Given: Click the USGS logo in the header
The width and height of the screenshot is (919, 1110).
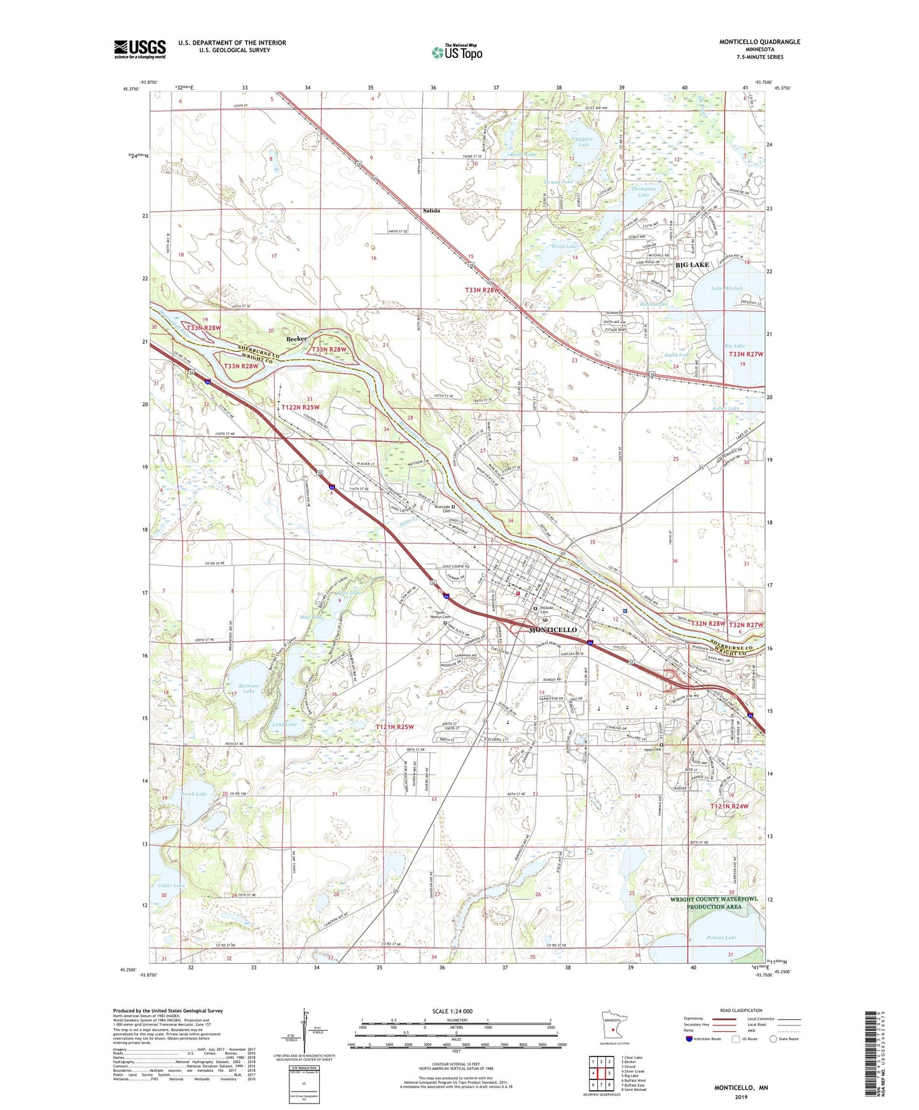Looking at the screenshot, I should (140, 49).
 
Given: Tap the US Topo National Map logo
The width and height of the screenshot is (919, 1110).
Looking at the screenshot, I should (456, 52).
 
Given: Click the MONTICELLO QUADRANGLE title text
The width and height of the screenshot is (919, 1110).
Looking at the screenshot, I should (759, 42).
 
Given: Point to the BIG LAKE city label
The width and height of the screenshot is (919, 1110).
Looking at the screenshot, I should (692, 264).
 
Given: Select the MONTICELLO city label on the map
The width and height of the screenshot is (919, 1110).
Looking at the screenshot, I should (553, 629).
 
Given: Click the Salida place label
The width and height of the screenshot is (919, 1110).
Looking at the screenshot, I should (431, 210).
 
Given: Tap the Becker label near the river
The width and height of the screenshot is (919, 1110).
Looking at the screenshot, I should (296, 339).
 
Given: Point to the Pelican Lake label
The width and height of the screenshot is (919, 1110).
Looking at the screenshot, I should (721, 938).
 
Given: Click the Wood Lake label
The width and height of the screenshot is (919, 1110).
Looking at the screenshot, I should (563, 246).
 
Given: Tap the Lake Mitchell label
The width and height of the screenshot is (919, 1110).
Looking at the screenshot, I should (726, 288).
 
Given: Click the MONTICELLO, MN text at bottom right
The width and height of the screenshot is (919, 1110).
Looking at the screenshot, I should (741, 1088).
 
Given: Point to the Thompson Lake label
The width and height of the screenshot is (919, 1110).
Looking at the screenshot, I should (644, 191).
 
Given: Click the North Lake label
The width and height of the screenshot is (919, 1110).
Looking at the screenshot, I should (193, 794).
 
